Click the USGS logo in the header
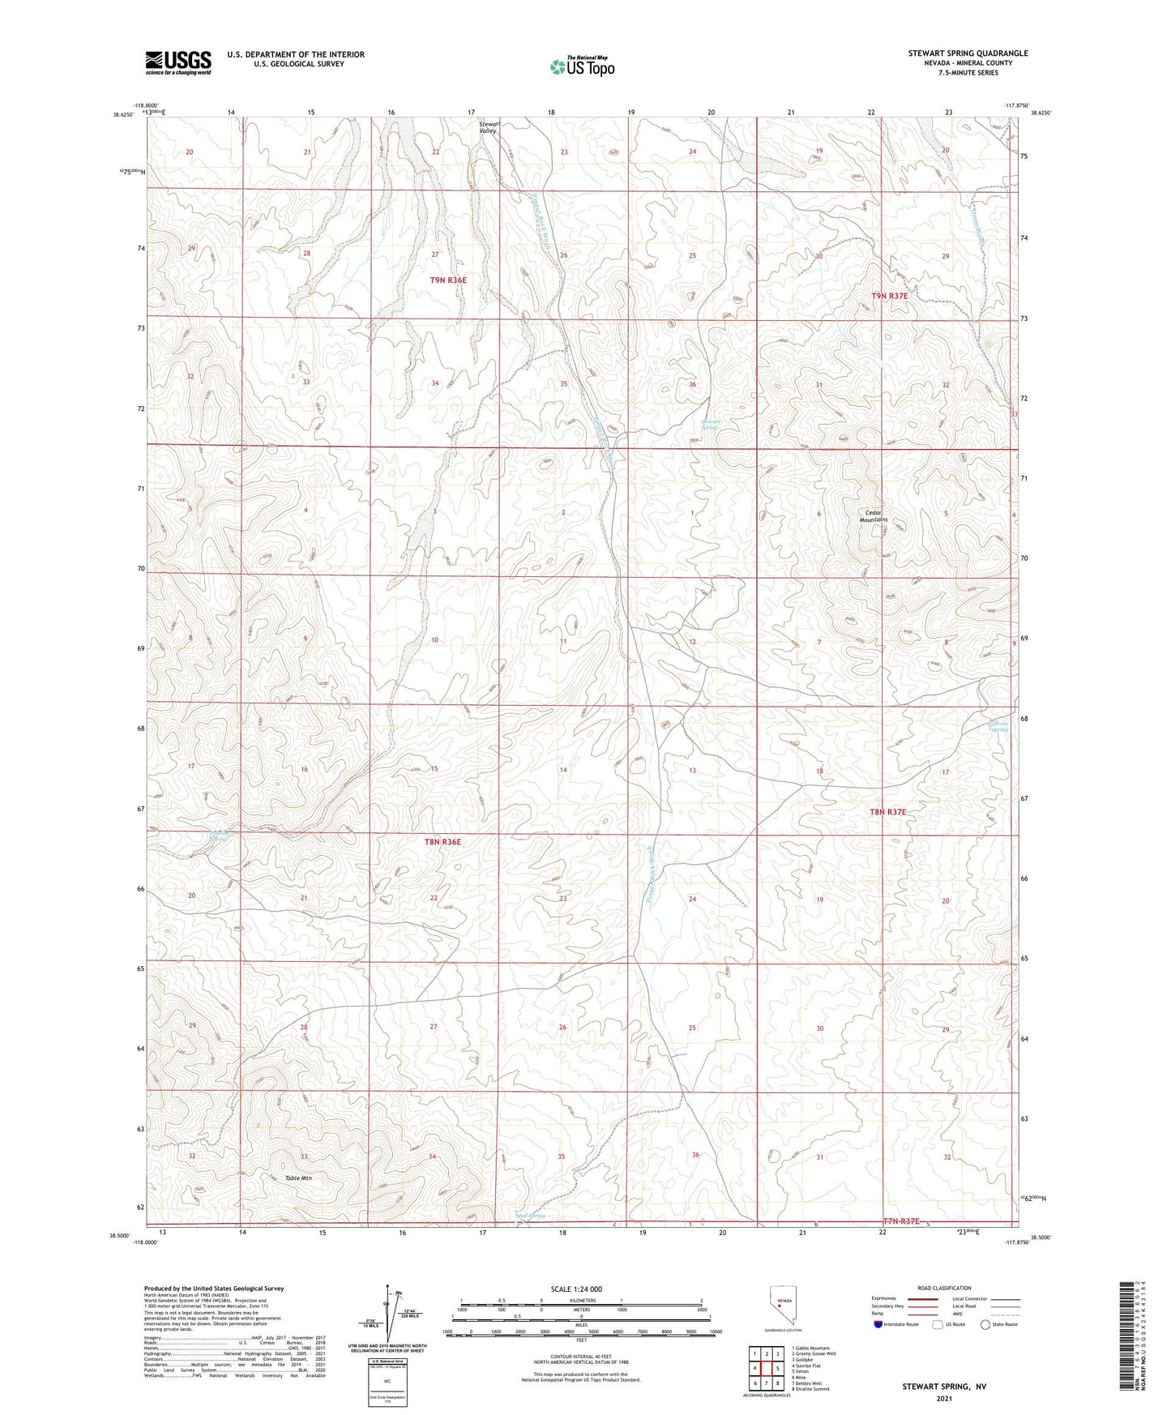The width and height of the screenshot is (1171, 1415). (178, 62)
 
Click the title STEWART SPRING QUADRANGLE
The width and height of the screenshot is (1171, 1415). (968, 53)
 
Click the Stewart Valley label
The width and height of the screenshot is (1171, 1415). (488, 126)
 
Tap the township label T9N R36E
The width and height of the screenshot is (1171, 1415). (448, 280)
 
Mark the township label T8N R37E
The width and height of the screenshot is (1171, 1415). (887, 811)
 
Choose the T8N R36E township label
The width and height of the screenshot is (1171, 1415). (442, 842)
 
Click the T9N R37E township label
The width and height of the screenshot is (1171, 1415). (889, 297)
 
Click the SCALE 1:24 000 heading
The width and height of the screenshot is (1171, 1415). (575, 1289)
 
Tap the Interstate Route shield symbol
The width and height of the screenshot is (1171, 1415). (878, 1325)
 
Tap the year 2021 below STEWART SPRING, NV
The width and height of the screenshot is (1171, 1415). (944, 1398)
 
